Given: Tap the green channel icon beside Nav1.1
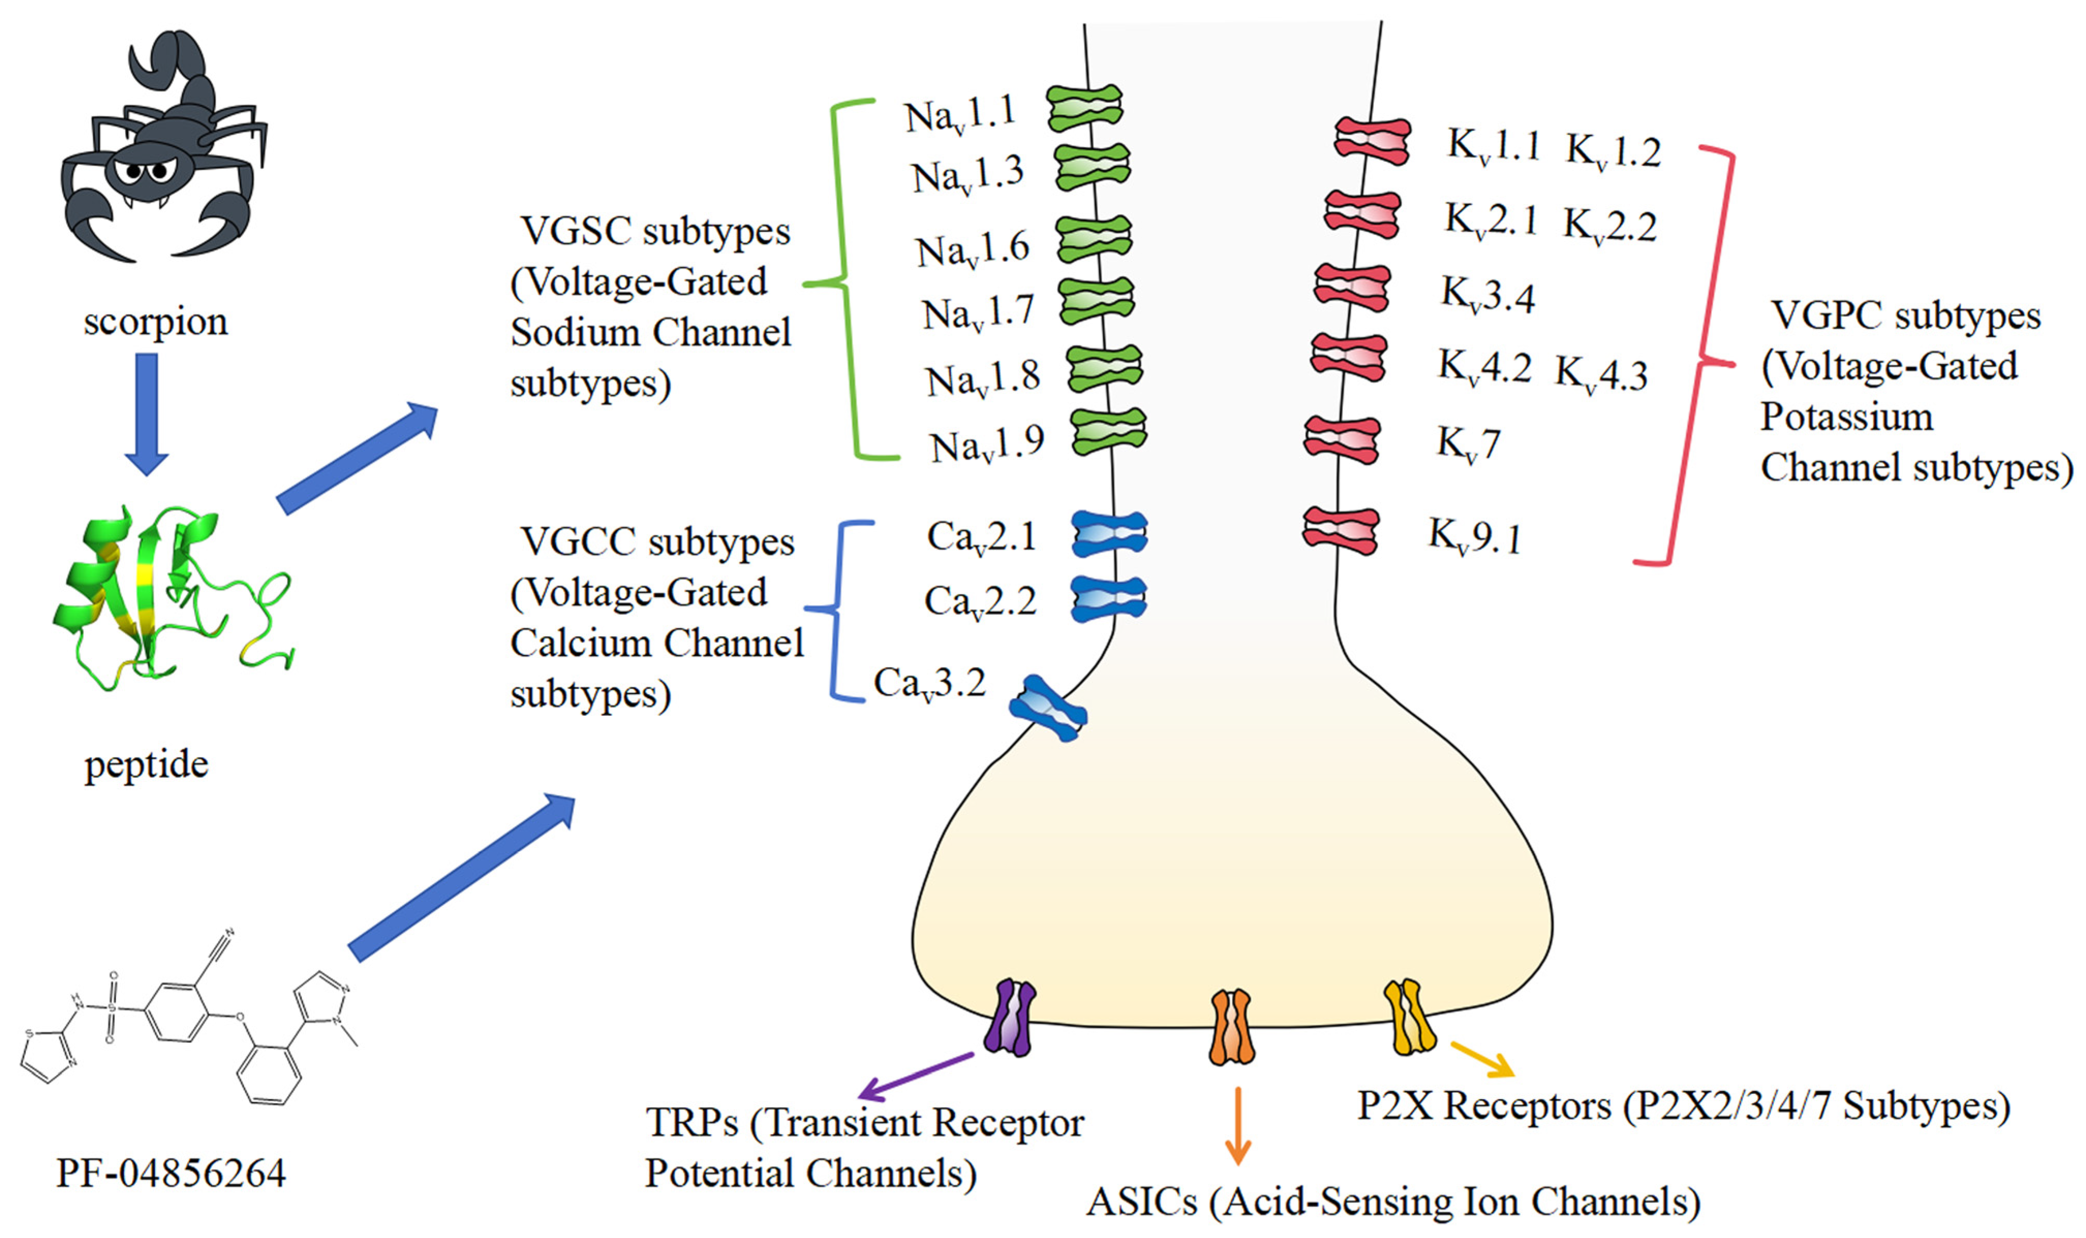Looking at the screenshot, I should [1084, 108].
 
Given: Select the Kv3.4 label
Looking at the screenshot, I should [1488, 295].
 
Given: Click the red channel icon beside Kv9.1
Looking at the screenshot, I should [1340, 530].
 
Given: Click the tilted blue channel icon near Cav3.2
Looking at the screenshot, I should [1048, 708].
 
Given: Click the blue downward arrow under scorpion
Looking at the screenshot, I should [147, 414].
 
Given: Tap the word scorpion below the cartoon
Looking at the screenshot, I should [155, 322].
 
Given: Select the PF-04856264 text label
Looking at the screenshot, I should [171, 1173].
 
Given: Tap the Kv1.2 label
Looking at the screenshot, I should [1612, 152].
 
